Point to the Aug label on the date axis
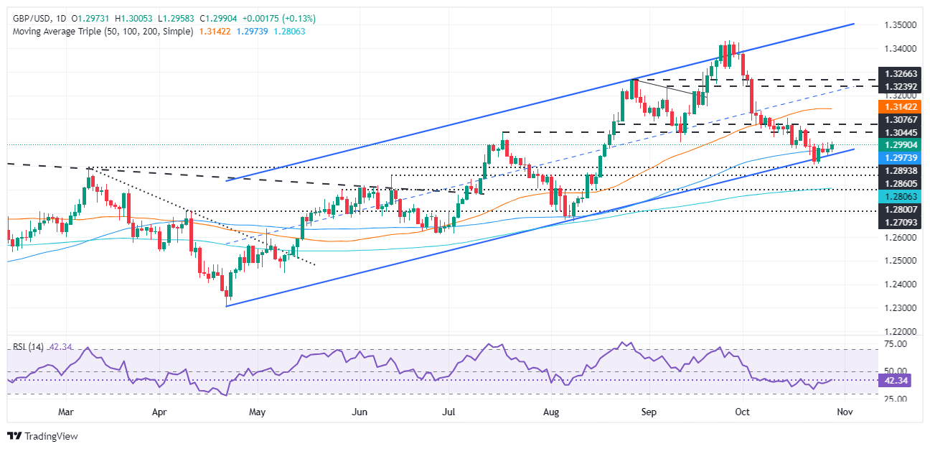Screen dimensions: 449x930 tap(551, 412)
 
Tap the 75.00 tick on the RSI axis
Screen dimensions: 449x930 tap(891, 344)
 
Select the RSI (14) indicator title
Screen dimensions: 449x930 tap(28, 347)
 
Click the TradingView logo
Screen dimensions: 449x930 tap(42, 436)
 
